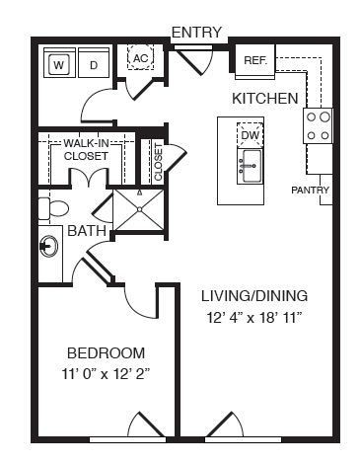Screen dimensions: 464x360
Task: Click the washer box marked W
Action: point(59,65)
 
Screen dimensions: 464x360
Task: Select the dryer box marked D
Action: point(94,65)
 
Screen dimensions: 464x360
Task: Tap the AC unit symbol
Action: point(140,59)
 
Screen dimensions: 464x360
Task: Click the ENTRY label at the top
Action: point(196,33)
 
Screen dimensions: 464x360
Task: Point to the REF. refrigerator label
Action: point(255,60)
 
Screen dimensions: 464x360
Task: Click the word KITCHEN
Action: point(264,99)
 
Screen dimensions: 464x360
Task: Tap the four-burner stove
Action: point(317,126)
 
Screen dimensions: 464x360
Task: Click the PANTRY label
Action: point(311,190)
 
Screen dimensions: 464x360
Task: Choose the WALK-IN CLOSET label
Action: point(86,149)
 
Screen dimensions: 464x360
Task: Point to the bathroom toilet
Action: point(53,208)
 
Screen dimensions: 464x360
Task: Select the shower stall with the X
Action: point(139,208)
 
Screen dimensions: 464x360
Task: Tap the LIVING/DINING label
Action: point(254,296)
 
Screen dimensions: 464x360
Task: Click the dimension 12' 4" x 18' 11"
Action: point(254,318)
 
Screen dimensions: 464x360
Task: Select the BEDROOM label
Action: point(106,352)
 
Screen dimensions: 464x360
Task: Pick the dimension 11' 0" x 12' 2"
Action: point(106,374)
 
